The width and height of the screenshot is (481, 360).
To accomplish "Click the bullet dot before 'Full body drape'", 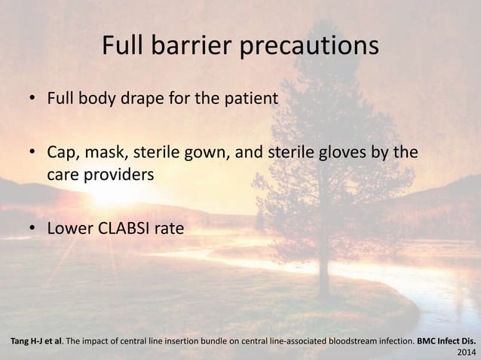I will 33,99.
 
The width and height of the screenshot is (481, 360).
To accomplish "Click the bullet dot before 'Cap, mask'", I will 33,154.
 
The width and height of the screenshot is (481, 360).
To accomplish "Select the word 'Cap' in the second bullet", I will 62,154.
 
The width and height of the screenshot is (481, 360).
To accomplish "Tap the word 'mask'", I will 109,154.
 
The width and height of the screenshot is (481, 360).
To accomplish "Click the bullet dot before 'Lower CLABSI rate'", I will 33,227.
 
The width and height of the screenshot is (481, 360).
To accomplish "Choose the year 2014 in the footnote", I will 467,352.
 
